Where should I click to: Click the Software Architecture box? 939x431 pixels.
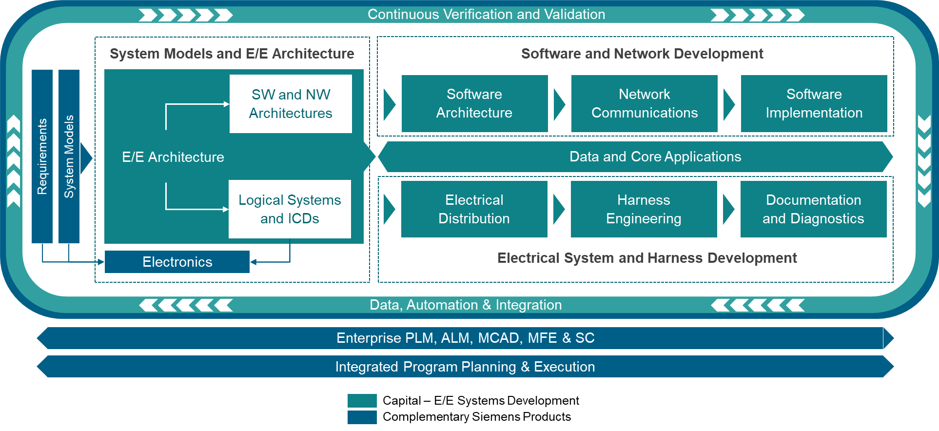point(474,103)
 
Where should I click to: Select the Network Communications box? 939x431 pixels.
point(644,103)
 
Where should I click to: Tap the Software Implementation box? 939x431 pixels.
point(814,103)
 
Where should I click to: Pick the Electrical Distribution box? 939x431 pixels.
point(474,209)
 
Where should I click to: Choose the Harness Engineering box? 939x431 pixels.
point(644,209)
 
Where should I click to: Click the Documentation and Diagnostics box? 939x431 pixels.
point(813,209)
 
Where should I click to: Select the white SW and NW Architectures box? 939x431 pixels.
point(291,104)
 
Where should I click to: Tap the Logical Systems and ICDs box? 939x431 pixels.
point(290,209)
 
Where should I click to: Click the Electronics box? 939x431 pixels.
point(177,262)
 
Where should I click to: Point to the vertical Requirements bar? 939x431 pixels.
point(42,157)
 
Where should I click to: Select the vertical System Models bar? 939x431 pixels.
point(69,157)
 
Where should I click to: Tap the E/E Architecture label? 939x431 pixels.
point(173,157)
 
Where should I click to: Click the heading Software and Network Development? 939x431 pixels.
point(642,54)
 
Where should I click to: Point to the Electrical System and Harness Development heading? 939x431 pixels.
point(647,258)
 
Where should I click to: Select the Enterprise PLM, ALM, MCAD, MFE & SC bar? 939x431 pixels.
point(465,338)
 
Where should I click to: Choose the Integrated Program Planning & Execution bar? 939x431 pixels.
point(465,367)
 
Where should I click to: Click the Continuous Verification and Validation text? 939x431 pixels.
point(486,14)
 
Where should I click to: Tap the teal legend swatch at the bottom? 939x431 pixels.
point(362,401)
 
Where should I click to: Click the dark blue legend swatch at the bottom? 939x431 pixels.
point(362,417)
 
